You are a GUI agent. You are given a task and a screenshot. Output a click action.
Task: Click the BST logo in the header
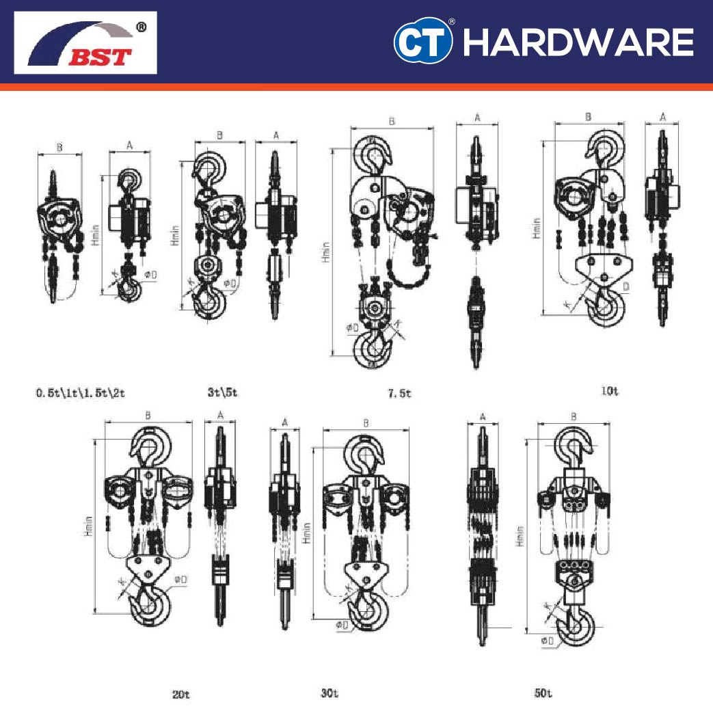(x=85, y=42)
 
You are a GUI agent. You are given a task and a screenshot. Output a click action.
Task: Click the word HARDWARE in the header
(x=578, y=42)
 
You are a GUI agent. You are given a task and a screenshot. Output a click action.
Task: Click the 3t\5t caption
(x=222, y=393)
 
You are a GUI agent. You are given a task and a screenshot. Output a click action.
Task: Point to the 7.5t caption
(x=400, y=394)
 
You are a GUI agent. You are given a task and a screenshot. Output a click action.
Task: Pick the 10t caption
(x=609, y=392)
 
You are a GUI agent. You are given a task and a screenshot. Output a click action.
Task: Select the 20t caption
(x=180, y=695)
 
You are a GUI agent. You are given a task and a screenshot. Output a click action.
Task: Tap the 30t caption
(x=329, y=694)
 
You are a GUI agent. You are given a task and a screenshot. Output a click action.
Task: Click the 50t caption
(x=543, y=694)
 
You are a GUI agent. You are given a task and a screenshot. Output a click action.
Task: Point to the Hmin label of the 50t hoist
(x=521, y=535)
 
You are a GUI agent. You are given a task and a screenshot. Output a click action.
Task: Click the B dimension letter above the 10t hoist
(x=588, y=118)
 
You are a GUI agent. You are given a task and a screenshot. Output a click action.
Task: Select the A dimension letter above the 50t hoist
(x=483, y=416)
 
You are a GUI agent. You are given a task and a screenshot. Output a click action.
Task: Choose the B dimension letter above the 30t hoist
(x=366, y=424)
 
